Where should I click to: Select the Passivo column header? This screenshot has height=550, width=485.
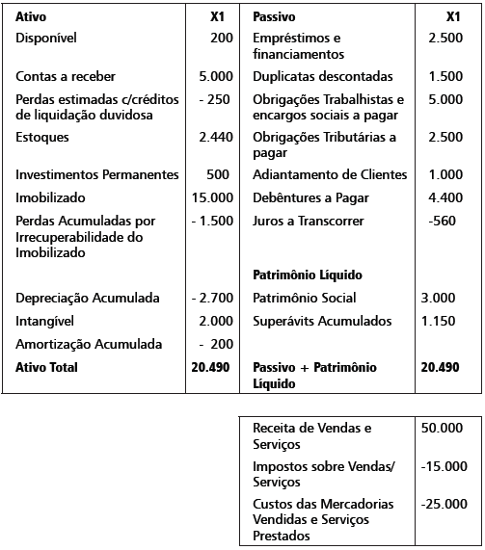(x=274, y=17)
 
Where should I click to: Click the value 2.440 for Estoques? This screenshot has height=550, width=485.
(x=215, y=137)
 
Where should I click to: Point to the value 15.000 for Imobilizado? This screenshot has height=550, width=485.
(x=212, y=197)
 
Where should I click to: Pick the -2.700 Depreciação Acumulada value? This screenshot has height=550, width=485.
(x=212, y=298)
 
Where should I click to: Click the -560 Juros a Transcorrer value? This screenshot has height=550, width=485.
(x=442, y=221)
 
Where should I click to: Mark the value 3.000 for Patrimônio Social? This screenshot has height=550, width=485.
(x=439, y=298)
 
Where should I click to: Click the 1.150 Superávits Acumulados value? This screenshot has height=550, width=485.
(x=439, y=321)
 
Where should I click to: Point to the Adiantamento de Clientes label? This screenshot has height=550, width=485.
(x=330, y=174)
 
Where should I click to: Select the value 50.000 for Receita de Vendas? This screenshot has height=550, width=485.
(x=444, y=427)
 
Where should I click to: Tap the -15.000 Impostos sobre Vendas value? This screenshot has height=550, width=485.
(x=445, y=466)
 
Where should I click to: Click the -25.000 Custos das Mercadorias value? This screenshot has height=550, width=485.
(x=445, y=504)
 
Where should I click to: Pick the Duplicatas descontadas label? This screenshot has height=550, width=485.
(x=322, y=75)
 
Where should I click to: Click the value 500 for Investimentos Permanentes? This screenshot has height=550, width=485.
(x=218, y=174)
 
